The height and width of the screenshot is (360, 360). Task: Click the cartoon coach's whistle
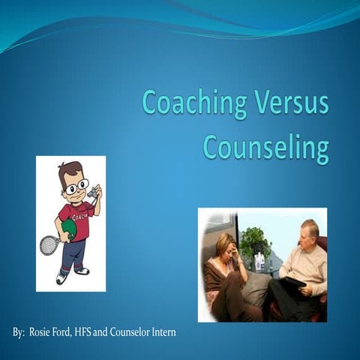pyautogui.click(x=91, y=193)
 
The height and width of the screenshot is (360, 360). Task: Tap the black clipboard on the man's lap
pyautogui.click(x=291, y=282)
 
